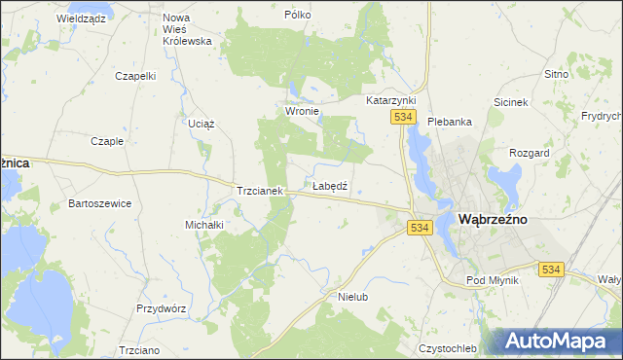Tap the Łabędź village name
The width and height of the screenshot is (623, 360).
(x=330, y=185)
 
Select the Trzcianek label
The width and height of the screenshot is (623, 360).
(x=259, y=192)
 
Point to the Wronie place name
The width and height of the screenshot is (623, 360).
(x=303, y=111)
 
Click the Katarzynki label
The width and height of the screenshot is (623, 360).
(x=391, y=100)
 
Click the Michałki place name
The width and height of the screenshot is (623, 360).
(x=204, y=225)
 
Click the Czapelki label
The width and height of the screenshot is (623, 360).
(x=135, y=75)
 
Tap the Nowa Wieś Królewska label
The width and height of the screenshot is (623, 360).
(x=188, y=29)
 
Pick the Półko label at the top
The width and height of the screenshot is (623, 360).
(x=297, y=15)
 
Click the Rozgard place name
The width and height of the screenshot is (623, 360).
(x=530, y=153)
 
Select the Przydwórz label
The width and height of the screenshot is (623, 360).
(x=161, y=307)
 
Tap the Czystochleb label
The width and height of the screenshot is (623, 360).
(x=448, y=348)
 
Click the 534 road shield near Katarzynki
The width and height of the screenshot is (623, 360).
(x=406, y=117)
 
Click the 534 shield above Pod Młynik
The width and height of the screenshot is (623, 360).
(x=551, y=270)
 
